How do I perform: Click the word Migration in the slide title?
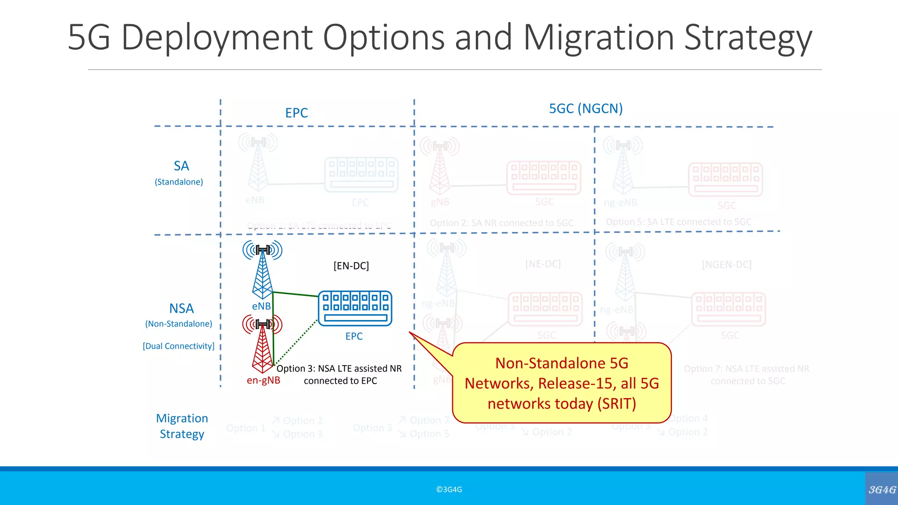tap(599, 38)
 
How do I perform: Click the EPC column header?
tap(296, 113)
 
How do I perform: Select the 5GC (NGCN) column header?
tap(586, 108)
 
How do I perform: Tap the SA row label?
tap(181, 166)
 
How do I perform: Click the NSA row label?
tap(181, 309)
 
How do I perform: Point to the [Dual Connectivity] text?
tap(178, 346)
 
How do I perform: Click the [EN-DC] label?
tap(351, 266)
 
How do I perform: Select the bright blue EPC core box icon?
tap(355, 308)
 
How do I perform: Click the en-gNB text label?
tap(263, 381)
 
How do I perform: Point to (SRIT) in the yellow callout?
tap(616, 404)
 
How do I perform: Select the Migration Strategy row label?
tap(182, 426)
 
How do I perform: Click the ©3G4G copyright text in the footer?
tap(449, 490)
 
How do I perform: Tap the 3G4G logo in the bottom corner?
tap(882, 490)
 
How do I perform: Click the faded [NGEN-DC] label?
tap(727, 265)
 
